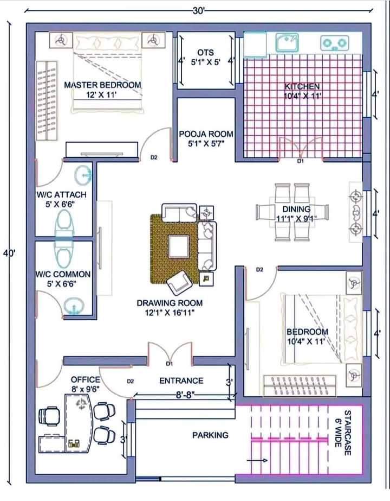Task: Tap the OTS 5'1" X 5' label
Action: (x=206, y=57)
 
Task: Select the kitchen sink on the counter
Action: (x=287, y=43)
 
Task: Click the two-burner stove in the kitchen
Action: (x=334, y=43)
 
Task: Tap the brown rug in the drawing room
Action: (x=175, y=249)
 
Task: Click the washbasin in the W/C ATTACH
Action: (x=83, y=175)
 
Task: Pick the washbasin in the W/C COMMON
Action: (x=74, y=306)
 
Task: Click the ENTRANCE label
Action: (x=181, y=380)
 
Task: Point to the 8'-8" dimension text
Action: (x=185, y=395)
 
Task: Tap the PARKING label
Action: (x=210, y=435)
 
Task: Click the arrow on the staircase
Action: (x=257, y=460)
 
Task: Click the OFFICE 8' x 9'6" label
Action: (x=86, y=384)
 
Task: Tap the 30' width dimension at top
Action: (x=198, y=11)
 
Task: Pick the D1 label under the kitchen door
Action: (x=301, y=161)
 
